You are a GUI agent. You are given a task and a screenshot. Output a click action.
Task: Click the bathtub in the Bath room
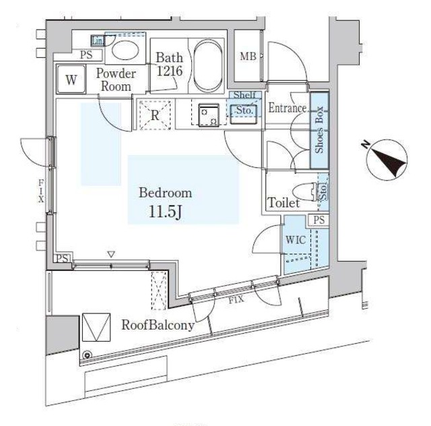[x=208, y=66]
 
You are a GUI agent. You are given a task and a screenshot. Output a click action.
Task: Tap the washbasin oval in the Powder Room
[x=125, y=50]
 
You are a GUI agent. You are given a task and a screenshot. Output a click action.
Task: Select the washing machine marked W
[x=71, y=80]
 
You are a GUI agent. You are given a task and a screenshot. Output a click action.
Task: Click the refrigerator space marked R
[x=155, y=115]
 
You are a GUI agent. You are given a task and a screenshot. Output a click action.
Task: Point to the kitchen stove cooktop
[x=209, y=115]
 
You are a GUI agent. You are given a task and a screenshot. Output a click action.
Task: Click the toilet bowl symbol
[x=304, y=191]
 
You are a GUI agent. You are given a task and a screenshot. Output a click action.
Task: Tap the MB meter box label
[x=248, y=57]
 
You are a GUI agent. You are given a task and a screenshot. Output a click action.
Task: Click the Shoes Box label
[x=319, y=129]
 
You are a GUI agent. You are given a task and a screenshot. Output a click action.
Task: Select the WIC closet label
[x=296, y=240]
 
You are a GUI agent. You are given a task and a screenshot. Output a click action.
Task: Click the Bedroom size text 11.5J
[x=165, y=212]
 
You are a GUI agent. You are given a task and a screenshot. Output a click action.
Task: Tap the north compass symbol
[x=387, y=159]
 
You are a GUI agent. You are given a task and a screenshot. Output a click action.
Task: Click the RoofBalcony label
[x=158, y=326]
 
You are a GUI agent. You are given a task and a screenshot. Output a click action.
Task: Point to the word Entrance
[x=288, y=108]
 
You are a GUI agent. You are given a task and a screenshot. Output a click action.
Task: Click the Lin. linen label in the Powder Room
[x=98, y=41]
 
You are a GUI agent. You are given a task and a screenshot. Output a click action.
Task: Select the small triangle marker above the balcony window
[x=111, y=254]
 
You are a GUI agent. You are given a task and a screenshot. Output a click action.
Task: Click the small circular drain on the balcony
[x=88, y=355]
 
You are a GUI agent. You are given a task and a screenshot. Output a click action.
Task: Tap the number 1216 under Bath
[x=170, y=71]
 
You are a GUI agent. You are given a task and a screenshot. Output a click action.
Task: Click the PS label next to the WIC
[x=319, y=220]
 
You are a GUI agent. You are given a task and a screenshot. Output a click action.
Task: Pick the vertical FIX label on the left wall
[x=41, y=191]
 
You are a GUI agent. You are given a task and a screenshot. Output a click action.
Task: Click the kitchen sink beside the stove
[x=243, y=114]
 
